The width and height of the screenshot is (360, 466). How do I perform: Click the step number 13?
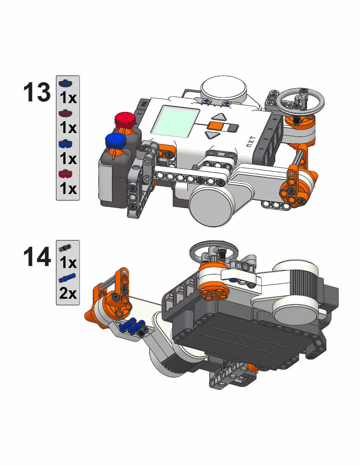[x=37, y=94]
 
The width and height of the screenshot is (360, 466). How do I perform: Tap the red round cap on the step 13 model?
[x=124, y=119]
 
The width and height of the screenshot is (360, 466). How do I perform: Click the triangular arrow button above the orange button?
[x=220, y=117]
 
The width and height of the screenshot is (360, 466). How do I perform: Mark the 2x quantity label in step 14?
[x=68, y=294]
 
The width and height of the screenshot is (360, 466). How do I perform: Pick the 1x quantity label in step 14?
[x=68, y=263]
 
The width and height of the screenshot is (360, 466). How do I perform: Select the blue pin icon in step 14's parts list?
[x=68, y=277]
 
